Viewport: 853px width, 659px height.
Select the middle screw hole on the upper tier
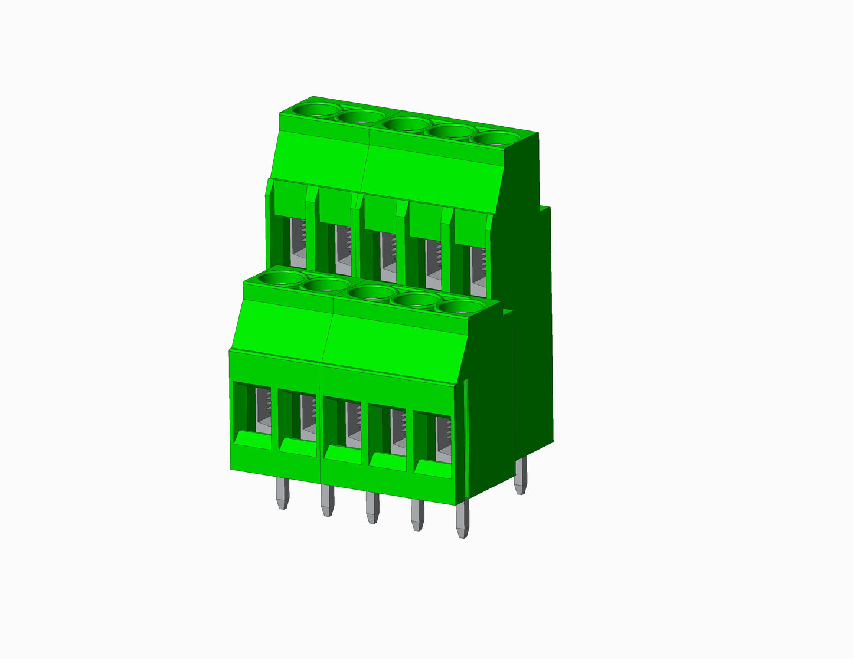point(406,124)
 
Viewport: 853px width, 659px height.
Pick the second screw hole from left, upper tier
point(361,117)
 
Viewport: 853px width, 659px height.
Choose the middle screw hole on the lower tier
point(371,292)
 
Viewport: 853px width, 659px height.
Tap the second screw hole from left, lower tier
point(325,285)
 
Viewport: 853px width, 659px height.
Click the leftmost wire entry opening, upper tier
point(298,242)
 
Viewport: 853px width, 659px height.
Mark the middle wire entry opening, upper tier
point(388,255)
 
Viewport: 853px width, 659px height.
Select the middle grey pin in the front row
point(372,507)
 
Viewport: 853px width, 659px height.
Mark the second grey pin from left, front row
point(327,500)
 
